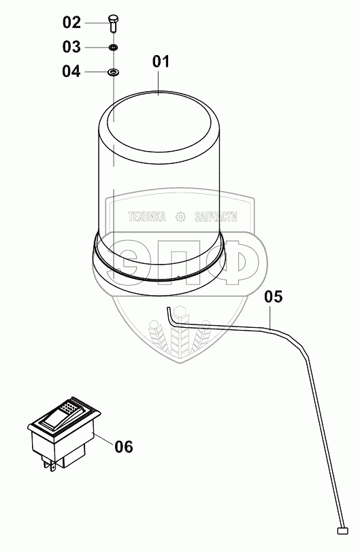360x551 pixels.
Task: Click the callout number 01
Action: [161, 61]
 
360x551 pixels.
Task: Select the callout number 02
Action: [71, 22]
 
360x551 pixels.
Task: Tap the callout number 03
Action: [71, 47]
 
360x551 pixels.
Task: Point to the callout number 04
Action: [71, 71]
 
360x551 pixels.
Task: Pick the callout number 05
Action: [273, 297]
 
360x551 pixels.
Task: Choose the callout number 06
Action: [124, 447]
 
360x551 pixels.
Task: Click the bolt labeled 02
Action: [113, 23]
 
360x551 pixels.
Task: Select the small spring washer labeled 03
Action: [113, 47]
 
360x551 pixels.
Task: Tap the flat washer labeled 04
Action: [113, 72]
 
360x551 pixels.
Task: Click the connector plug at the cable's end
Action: [342, 531]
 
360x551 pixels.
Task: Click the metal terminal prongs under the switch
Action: [49, 465]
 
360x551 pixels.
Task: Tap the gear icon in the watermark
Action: [180, 217]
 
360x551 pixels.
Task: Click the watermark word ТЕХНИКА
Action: [147, 217]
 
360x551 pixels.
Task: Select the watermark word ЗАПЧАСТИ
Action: [216, 217]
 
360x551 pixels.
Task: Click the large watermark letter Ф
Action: [233, 262]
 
